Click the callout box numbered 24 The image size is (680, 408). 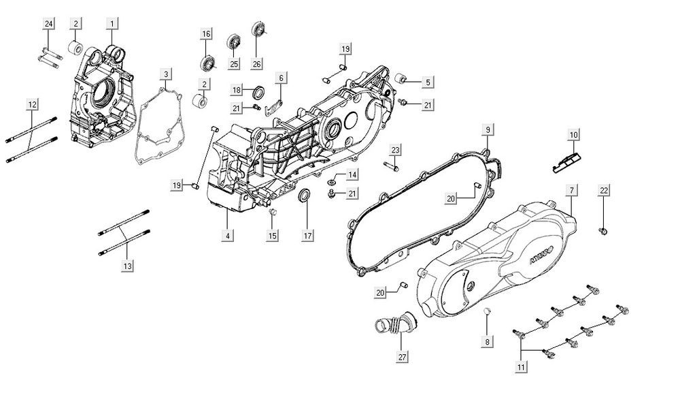click(48, 25)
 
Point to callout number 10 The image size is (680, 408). click(574, 136)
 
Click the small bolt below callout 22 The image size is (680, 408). click(603, 232)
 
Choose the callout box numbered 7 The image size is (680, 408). click(572, 189)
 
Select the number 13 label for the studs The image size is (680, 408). click(127, 266)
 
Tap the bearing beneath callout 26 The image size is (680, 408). click(258, 29)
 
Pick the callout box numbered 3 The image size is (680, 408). click(166, 74)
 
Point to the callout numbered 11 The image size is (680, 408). click(522, 368)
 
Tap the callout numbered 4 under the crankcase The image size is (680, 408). click(227, 236)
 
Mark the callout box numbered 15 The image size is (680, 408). click(273, 236)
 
